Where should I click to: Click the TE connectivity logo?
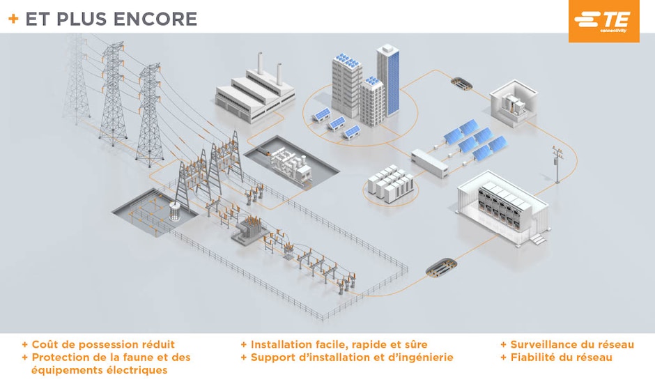tap(603, 21)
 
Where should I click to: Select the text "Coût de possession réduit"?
tap(103, 344)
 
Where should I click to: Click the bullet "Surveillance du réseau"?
tap(572, 344)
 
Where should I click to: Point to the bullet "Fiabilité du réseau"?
tap(561, 357)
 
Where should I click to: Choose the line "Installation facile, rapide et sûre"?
tap(339, 344)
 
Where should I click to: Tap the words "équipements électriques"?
tap(99, 370)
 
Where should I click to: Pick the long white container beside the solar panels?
tap(436, 162)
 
